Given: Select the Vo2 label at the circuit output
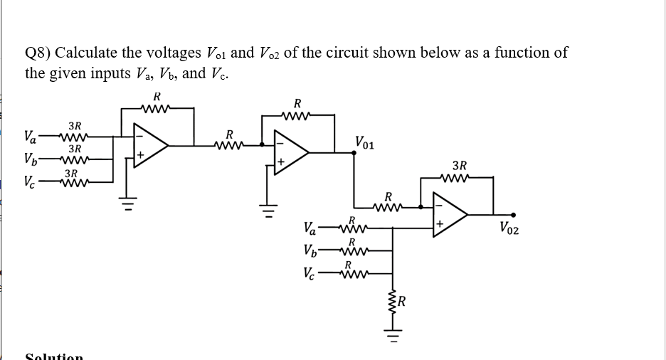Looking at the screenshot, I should [509, 228].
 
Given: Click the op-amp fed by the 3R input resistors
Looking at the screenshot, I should [150, 145].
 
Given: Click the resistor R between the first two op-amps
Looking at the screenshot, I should [229, 145].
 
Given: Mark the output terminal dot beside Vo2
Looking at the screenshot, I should [513, 215].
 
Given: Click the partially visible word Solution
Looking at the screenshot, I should [54, 356].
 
